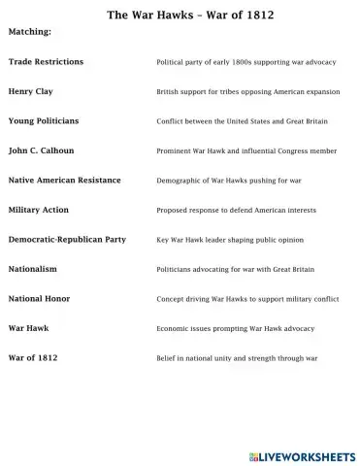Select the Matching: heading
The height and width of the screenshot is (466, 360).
click(29, 32)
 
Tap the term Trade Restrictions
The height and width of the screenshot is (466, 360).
click(46, 62)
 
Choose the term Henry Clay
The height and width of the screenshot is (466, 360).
click(30, 91)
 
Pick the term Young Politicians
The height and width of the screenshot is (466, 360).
click(43, 121)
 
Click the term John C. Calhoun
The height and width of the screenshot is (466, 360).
click(40, 150)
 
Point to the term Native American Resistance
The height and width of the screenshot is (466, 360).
click(64, 181)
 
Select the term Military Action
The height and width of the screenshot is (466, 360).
click(38, 210)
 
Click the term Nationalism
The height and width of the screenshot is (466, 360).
click(32, 269)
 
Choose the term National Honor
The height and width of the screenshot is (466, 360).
click(39, 299)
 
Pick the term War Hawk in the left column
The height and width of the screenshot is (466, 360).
click(28, 328)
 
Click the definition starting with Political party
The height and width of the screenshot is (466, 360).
click(246, 62)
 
